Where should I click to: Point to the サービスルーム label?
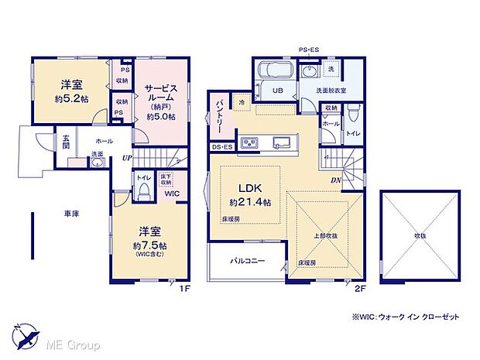click(161, 95)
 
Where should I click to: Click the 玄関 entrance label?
click(67, 141)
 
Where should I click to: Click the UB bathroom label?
click(276, 91)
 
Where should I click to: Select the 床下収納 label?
click(165, 180)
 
